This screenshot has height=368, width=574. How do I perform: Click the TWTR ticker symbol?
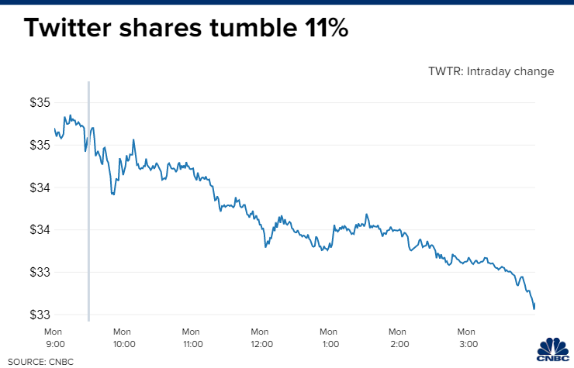coord(446,71)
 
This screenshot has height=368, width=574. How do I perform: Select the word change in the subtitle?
coord(536,71)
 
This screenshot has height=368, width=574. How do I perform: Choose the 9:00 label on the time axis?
coord(55,343)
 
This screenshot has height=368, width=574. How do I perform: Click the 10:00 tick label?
coord(124,343)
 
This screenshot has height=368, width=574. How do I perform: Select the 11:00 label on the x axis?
coord(192,343)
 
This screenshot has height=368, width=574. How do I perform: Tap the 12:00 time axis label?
coord(261,343)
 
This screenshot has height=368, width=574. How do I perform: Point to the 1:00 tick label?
coord(330,343)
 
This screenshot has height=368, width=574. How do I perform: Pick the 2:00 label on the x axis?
coord(399,343)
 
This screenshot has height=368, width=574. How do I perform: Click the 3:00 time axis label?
coord(467,343)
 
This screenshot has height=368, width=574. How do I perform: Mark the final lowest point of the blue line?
coord(534,308)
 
